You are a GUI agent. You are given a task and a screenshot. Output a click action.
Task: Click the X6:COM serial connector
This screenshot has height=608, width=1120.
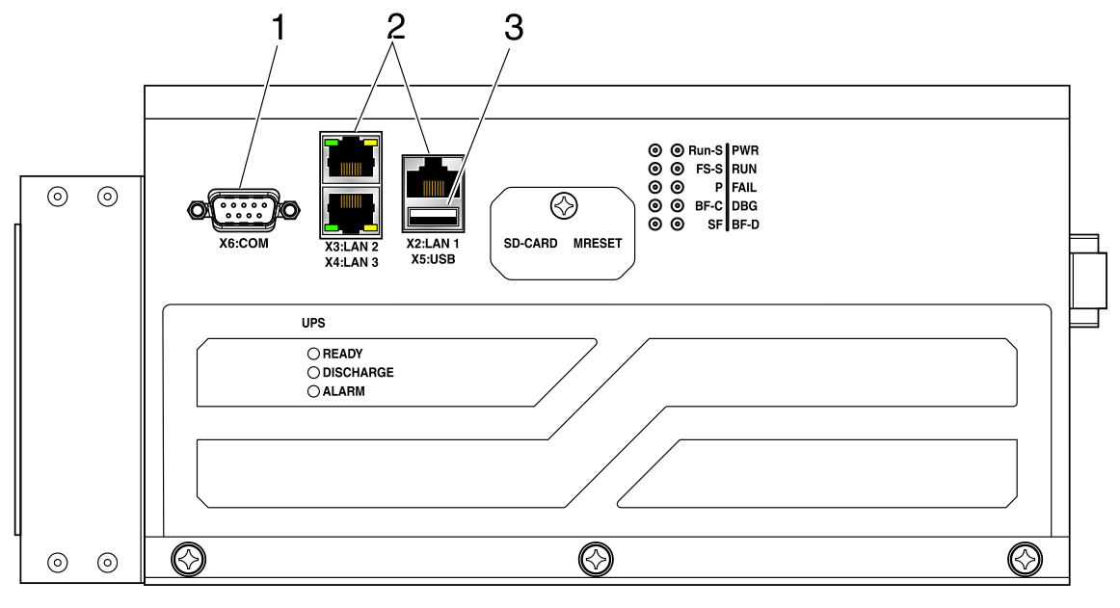click(x=244, y=210)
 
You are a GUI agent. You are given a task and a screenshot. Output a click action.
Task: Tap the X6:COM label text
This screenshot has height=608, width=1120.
click(x=244, y=244)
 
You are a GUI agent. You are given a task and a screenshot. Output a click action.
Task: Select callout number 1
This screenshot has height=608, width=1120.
click(x=279, y=29)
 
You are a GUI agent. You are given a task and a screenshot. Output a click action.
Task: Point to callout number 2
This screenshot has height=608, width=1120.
click(x=396, y=27)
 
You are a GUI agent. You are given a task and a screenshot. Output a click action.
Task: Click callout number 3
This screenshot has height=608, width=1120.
click(x=514, y=29)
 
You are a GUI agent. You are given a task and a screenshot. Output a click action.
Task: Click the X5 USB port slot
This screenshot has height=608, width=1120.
click(x=433, y=217)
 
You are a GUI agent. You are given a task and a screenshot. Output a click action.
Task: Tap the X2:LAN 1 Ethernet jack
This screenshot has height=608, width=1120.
click(x=433, y=179)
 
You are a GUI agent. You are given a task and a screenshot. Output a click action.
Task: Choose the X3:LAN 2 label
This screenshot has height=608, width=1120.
click(x=352, y=248)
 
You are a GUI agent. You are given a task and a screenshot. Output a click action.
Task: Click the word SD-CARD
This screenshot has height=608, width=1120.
click(x=530, y=244)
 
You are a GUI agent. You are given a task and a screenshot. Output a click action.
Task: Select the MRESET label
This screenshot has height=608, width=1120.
click(x=598, y=244)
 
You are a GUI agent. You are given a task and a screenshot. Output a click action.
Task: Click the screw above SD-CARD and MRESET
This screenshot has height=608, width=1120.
click(x=564, y=206)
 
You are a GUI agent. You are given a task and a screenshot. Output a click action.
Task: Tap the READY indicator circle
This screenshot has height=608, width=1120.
click(x=313, y=354)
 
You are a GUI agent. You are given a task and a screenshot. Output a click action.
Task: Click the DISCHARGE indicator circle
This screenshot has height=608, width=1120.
click(x=313, y=372)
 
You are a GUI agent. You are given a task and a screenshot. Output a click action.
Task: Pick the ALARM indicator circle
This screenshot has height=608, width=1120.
click(x=313, y=391)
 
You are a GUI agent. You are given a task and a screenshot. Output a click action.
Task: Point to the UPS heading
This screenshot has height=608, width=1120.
click(x=313, y=323)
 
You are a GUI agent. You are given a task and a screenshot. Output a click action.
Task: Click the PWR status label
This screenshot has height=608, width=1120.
click(x=745, y=150)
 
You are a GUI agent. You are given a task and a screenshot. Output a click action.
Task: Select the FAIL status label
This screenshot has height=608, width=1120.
click(x=743, y=188)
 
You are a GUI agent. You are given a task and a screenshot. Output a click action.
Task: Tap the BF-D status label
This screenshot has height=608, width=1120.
click(x=745, y=225)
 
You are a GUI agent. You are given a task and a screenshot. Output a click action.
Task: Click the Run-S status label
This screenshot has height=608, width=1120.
click(x=705, y=150)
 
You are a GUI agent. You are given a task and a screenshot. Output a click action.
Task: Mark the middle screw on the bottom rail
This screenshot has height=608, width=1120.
click(x=596, y=560)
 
